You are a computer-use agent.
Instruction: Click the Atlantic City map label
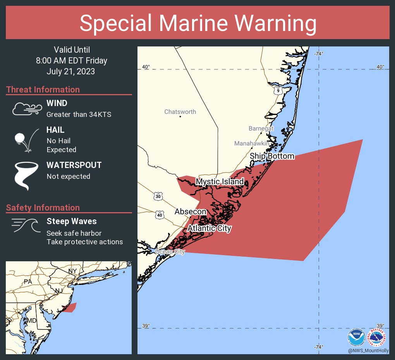point(209,228)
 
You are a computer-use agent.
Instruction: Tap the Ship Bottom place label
point(272,156)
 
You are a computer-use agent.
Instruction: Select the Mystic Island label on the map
point(220,182)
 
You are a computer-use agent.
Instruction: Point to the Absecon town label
point(190,212)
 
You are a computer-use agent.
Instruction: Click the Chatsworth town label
point(180,112)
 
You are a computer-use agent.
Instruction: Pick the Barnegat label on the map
point(261,129)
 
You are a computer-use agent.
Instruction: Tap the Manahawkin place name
point(251,144)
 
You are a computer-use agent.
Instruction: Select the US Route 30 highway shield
point(158,196)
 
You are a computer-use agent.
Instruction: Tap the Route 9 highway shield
point(278,91)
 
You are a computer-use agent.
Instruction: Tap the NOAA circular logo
point(356,338)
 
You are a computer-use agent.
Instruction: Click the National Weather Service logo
point(377,338)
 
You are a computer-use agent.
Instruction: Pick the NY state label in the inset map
point(72,270)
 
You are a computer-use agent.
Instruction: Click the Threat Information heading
point(43,89)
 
